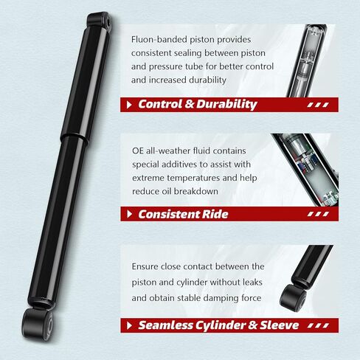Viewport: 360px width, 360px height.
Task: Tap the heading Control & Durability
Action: click(x=198, y=104)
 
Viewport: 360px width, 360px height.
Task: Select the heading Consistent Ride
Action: click(x=183, y=214)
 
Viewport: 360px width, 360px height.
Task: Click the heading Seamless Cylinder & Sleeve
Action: click(x=218, y=325)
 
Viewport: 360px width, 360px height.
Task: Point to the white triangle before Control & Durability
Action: click(x=129, y=105)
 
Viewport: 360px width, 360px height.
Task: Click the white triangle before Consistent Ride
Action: click(x=129, y=214)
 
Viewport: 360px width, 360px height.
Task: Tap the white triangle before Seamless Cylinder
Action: click(x=129, y=325)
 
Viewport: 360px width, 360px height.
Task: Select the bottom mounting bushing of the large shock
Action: click(x=37, y=324)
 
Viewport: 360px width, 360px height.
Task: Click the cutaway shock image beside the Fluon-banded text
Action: click(x=307, y=60)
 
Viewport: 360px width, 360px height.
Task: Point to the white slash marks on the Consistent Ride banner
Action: click(x=318, y=214)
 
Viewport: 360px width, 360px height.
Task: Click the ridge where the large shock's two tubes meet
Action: click(x=75, y=138)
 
